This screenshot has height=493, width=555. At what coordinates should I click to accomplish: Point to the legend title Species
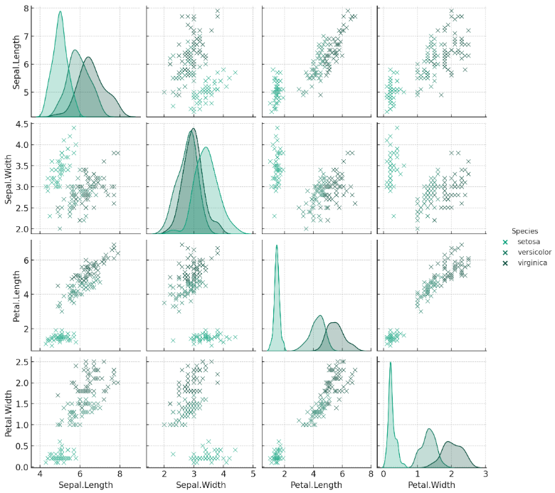[x=524, y=230]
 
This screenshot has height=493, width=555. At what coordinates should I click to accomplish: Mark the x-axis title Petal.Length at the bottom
[x=317, y=485]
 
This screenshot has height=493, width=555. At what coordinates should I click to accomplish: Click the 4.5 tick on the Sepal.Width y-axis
[x=21, y=124]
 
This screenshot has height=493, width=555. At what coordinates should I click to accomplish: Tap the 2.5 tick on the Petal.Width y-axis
[x=21, y=361]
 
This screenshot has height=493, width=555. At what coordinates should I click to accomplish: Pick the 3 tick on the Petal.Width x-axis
[x=485, y=473]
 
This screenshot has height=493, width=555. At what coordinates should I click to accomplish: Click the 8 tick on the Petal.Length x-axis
[x=371, y=473]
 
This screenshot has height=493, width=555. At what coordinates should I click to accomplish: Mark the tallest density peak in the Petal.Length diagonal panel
[x=276, y=245]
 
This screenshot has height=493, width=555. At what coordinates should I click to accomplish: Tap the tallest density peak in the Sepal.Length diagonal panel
[x=60, y=11]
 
